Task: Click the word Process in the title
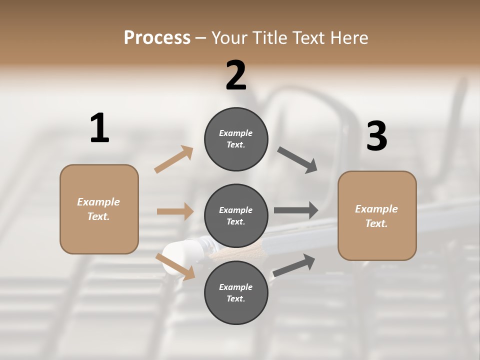pos(157,37)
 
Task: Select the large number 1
pos(99,128)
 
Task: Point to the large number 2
pos(236,75)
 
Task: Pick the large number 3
pos(376,136)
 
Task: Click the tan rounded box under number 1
pos(99,209)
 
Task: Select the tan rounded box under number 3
pos(377,216)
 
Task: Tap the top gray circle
pos(236,139)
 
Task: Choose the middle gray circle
pos(236,215)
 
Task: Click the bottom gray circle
pos(236,293)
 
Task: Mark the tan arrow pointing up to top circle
pos(174,159)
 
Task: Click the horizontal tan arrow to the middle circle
pos(175,211)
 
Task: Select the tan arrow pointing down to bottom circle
pos(175,266)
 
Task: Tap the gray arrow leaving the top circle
pos(297,160)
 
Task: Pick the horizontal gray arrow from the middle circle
pos(296,210)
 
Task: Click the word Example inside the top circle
pos(236,133)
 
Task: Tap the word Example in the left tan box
pos(98,202)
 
